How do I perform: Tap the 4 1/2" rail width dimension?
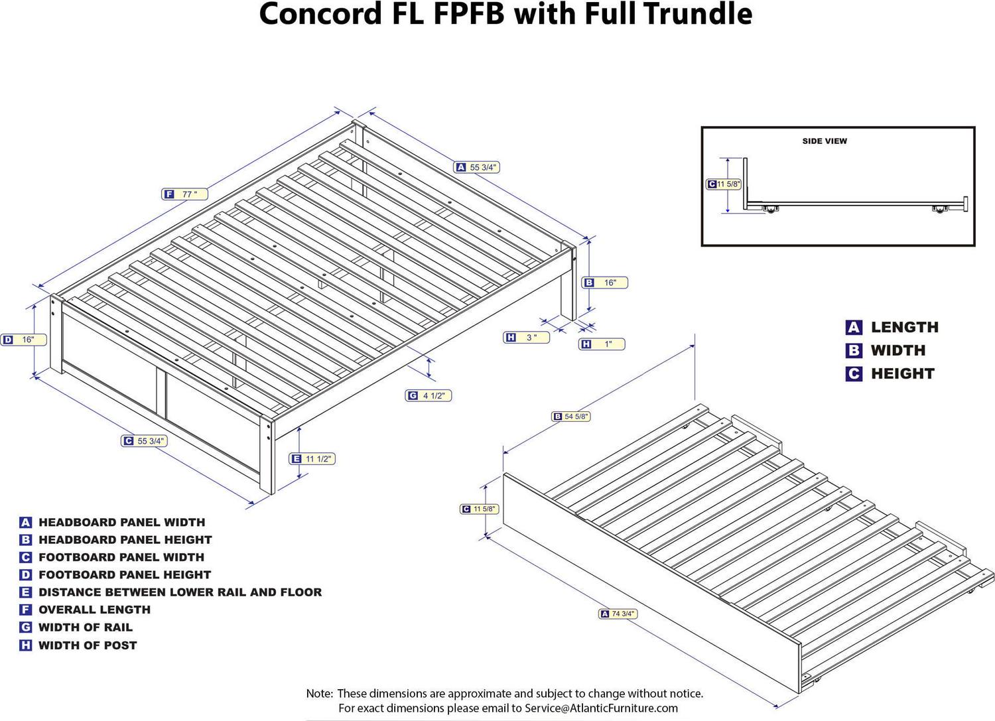click(x=429, y=396)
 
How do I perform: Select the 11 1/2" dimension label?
click(x=312, y=459)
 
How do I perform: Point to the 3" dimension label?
click(x=526, y=338)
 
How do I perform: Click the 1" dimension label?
click(x=602, y=344)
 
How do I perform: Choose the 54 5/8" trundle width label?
click(x=571, y=417)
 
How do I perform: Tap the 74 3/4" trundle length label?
click(x=618, y=614)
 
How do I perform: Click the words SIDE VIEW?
click(x=825, y=141)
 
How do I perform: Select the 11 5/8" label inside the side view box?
click(x=724, y=184)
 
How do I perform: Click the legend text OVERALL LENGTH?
click(x=94, y=610)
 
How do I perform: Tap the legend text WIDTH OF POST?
click(x=88, y=645)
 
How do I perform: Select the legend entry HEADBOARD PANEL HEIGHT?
click(x=125, y=540)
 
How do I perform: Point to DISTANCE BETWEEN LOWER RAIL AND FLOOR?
click(x=180, y=592)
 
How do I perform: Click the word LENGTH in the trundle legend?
click(x=904, y=327)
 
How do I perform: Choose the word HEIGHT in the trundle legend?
click(x=902, y=374)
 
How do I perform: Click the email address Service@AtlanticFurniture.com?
click(x=601, y=708)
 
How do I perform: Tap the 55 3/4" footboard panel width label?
click(x=144, y=441)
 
